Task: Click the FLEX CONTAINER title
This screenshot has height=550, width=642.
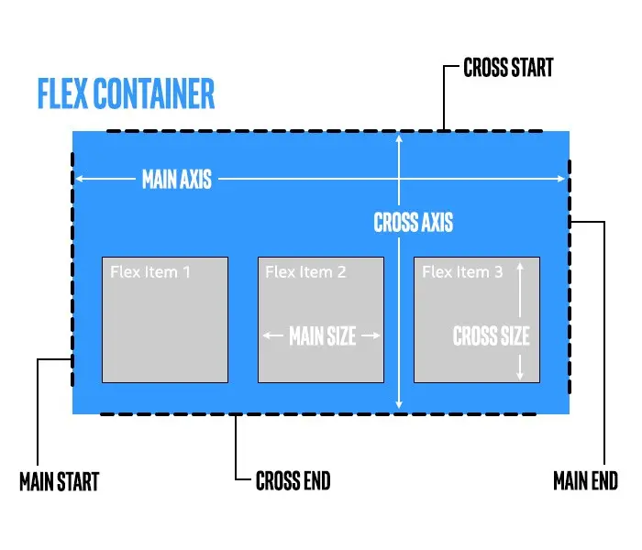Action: pyautogui.click(x=126, y=94)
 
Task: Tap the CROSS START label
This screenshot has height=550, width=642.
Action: pyautogui.click(x=509, y=69)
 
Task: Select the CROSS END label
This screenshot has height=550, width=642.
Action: pyautogui.click(x=293, y=480)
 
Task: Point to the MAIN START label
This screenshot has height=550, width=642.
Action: pyautogui.click(x=59, y=481)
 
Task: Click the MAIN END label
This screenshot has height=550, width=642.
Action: pyautogui.click(x=585, y=480)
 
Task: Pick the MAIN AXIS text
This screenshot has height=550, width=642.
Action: pyautogui.click(x=177, y=179)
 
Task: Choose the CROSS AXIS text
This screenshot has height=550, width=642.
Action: pyautogui.click(x=413, y=222)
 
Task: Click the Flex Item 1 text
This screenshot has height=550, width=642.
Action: pyautogui.click(x=150, y=272)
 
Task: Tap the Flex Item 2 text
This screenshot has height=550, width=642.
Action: pyautogui.click(x=305, y=272)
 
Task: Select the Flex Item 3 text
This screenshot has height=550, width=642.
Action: pyautogui.click(x=462, y=272)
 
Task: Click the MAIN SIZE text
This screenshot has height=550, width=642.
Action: pyautogui.click(x=322, y=336)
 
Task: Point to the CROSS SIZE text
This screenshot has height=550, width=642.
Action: pyautogui.click(x=491, y=336)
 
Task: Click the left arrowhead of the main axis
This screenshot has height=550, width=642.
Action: pyautogui.click(x=80, y=179)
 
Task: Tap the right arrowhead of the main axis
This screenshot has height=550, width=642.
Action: pyautogui.click(x=561, y=179)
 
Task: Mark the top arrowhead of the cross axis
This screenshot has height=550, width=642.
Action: pyautogui.click(x=399, y=139)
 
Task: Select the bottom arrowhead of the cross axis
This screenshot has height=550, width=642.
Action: pyautogui.click(x=399, y=403)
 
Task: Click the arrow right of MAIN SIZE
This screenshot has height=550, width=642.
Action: pyautogui.click(x=370, y=336)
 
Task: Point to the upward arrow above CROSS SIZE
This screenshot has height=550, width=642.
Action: pyautogui.click(x=520, y=288)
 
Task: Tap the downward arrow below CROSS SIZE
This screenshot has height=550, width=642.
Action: pyautogui.click(x=520, y=367)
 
